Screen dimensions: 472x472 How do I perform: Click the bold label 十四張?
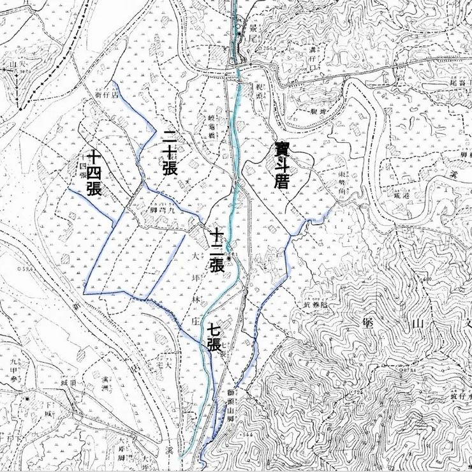(x=94, y=172)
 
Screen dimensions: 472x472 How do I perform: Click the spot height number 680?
(x=427, y=279)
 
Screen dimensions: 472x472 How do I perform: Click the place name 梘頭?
(x=260, y=86)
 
